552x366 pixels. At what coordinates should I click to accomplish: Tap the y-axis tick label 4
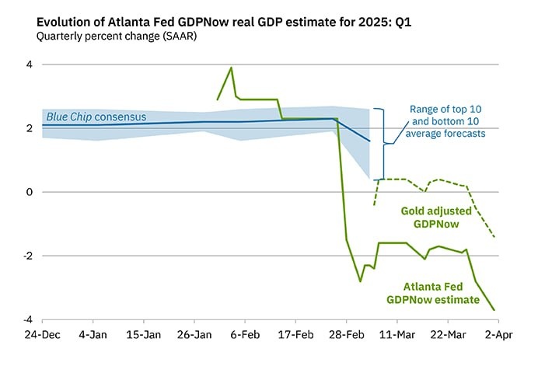point(29,64)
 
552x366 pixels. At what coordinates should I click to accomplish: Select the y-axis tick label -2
point(26,256)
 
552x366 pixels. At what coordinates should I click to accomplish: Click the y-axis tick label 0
point(29,192)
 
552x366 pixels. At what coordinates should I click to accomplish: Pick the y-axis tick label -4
point(26,319)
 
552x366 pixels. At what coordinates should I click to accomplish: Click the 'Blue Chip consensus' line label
point(96,117)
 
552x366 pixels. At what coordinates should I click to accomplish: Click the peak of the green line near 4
point(231,68)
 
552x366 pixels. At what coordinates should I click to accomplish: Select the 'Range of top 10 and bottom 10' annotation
point(449,121)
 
